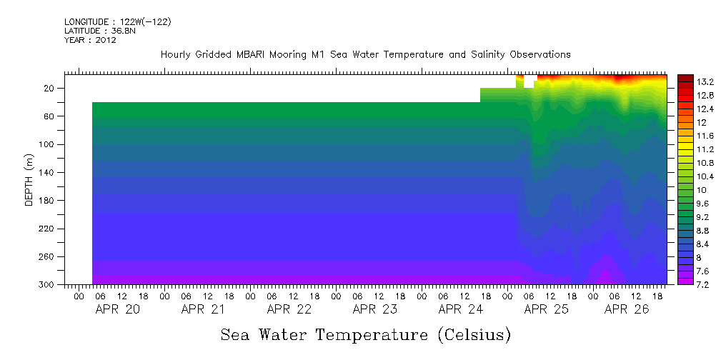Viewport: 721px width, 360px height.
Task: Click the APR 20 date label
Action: coord(117,309)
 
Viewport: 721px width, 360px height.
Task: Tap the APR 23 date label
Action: coord(374,309)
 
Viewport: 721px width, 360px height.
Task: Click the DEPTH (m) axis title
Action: coord(29,179)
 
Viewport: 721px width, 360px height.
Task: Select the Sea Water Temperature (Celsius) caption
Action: coord(366,334)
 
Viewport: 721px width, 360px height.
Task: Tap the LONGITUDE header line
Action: coord(118,22)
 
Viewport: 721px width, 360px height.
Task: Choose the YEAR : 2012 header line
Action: coord(90,40)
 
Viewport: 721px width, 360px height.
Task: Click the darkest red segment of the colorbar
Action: coord(685,77)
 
